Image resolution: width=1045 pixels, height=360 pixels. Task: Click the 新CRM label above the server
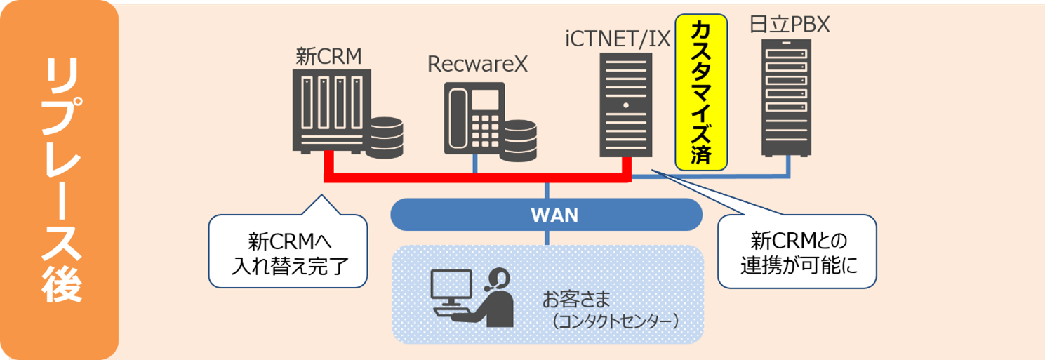coord(328,57)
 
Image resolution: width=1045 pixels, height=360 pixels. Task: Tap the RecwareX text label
coord(477,65)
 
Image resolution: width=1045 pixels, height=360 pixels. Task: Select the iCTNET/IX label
coord(618,36)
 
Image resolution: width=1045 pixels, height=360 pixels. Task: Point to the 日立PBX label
coord(790,26)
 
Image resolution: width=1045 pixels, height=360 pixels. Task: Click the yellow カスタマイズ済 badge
coord(700,92)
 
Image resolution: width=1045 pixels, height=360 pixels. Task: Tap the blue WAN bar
coord(546,215)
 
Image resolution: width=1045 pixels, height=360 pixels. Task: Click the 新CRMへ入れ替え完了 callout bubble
coord(288,253)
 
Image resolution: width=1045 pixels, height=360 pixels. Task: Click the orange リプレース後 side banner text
coord(59,180)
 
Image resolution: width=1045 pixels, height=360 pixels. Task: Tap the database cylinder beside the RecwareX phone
coord(517,138)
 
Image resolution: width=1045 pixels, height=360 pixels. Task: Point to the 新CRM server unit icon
coord(326,112)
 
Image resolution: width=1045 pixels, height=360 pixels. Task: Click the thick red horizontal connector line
coord(477,177)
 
